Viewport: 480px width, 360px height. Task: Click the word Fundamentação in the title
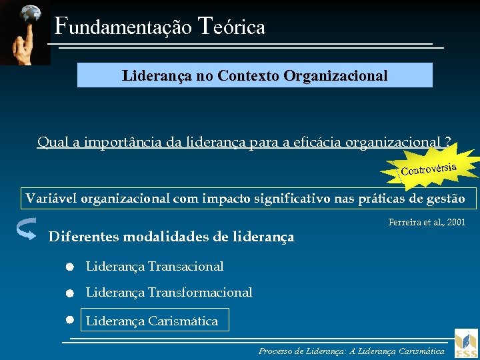click(x=123, y=27)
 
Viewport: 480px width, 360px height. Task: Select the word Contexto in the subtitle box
click(x=248, y=75)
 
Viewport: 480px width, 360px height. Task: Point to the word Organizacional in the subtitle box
click(x=335, y=75)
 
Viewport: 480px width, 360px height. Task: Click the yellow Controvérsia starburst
click(x=429, y=169)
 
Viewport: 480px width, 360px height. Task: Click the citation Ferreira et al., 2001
click(x=427, y=222)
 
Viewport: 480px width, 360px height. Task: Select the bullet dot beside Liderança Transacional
click(x=69, y=267)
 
